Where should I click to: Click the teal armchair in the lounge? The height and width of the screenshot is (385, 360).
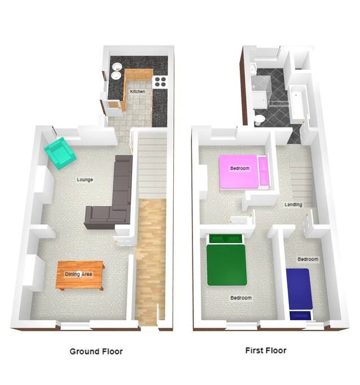(x=60, y=153)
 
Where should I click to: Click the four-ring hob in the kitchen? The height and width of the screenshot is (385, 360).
(x=160, y=82)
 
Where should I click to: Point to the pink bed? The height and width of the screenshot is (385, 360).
(x=238, y=171)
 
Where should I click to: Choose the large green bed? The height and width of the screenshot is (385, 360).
(x=227, y=265)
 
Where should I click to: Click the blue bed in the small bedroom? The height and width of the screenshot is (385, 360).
(x=299, y=289)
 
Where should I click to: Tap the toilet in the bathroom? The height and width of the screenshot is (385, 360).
(x=260, y=120)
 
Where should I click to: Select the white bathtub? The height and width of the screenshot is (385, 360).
(x=298, y=104)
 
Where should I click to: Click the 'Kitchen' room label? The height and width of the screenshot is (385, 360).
(x=137, y=91)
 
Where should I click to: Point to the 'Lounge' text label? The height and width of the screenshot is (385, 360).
(x=85, y=179)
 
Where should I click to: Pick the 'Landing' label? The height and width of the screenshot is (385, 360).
(x=293, y=205)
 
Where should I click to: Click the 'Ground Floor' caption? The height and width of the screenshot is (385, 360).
(x=96, y=351)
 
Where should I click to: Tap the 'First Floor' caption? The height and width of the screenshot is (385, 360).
(x=266, y=351)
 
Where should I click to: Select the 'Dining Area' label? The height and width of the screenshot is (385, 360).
(x=78, y=274)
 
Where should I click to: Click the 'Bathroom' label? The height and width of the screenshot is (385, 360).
(x=279, y=103)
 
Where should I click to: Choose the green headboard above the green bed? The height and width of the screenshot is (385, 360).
(x=226, y=238)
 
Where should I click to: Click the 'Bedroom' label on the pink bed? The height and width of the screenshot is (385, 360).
(x=240, y=168)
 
